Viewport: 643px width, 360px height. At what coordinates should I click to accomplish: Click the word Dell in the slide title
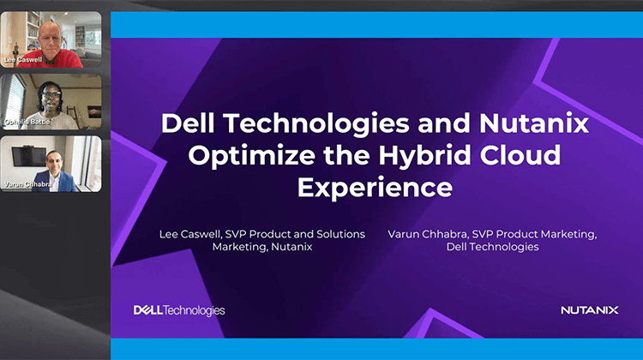186,123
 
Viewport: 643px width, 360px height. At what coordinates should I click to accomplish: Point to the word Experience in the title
375,186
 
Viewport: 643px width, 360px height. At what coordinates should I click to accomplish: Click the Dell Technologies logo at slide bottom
179,309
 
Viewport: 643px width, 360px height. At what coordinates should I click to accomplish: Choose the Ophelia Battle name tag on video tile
27,121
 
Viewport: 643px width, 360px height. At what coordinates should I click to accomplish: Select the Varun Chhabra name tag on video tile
27,183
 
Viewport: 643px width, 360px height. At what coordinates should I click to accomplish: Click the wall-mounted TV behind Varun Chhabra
27,156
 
